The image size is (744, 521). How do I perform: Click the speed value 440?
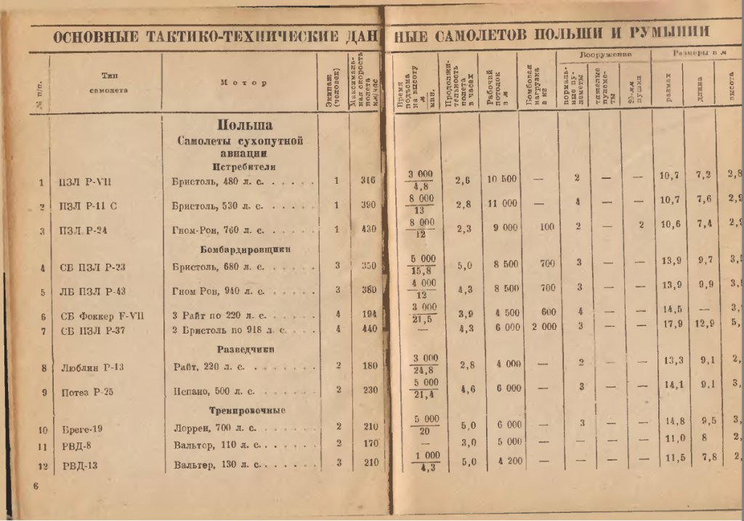tap(368, 330)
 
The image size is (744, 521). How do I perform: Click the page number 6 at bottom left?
tap(35, 486)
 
